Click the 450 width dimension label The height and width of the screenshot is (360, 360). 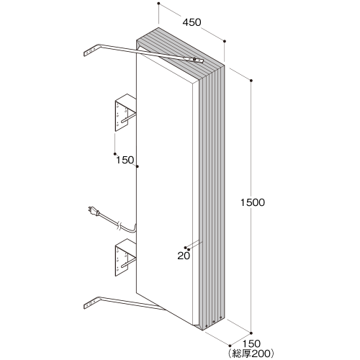[x=192, y=22]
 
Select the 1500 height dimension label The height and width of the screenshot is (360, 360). [x=253, y=202]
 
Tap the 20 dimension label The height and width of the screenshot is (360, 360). [x=184, y=256]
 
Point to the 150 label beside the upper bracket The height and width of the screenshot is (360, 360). [x=125, y=160]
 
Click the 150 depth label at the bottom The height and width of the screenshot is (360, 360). [x=251, y=343]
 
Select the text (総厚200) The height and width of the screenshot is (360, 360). [x=251, y=353]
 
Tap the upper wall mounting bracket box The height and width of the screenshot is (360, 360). [x=125, y=112]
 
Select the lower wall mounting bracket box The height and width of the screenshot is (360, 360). [x=125, y=258]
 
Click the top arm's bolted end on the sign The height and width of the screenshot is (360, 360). [x=195, y=60]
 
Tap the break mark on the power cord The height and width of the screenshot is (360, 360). [x=120, y=226]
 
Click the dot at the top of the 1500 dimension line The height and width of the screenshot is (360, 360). [x=251, y=80]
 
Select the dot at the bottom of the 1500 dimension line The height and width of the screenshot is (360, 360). [x=251, y=333]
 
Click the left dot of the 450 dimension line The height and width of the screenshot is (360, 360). [x=158, y=4]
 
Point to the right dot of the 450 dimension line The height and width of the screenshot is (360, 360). [x=225, y=41]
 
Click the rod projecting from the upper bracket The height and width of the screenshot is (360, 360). [x=129, y=119]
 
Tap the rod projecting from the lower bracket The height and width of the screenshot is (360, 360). [x=129, y=263]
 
